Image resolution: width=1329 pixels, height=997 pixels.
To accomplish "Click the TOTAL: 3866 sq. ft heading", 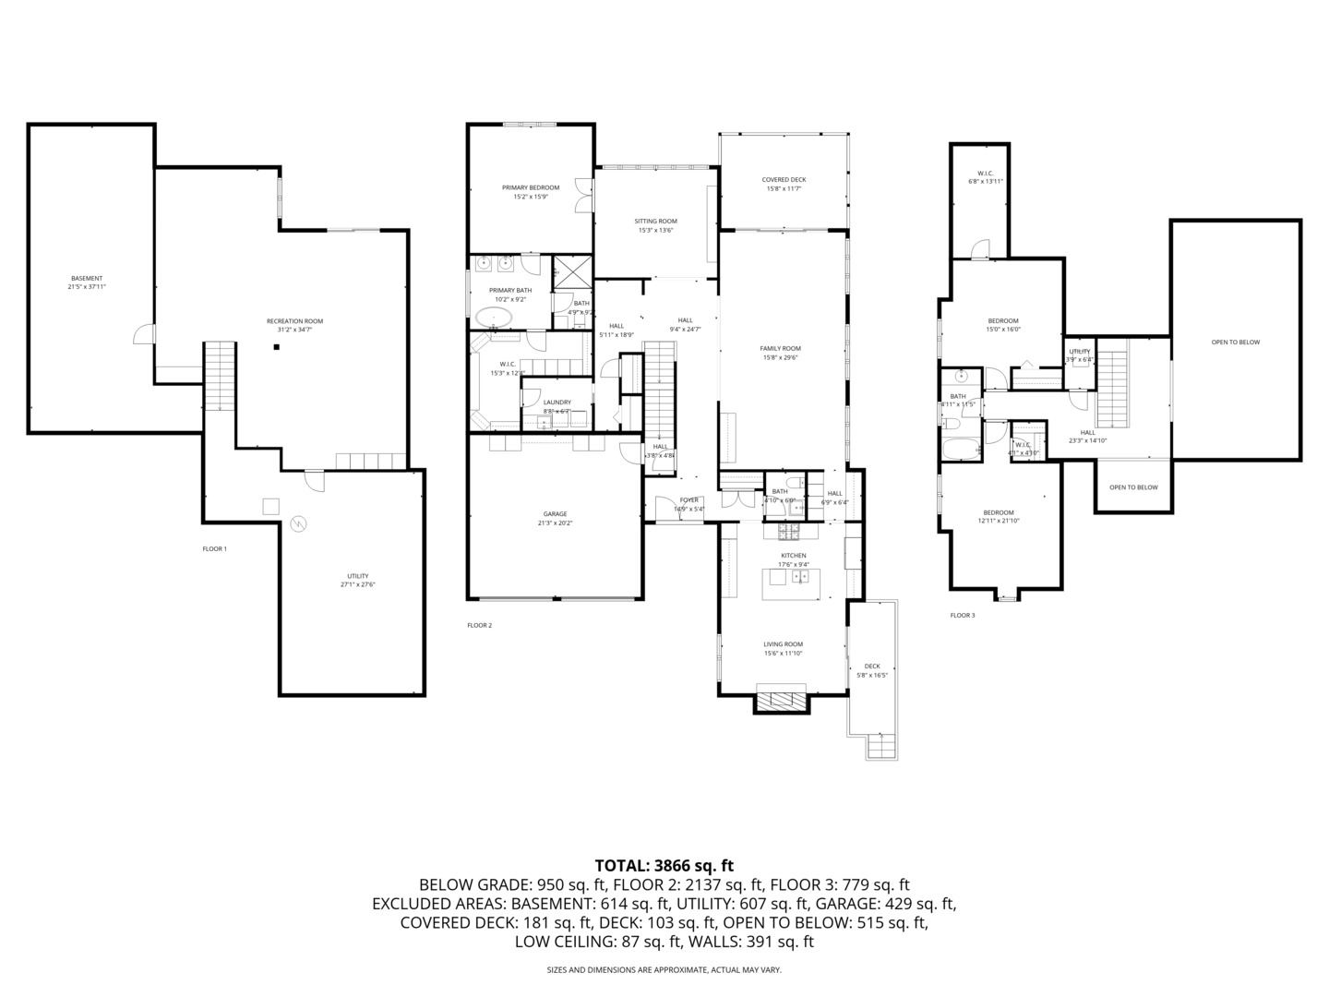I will click(x=664, y=866).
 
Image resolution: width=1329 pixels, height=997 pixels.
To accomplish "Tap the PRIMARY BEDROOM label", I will click(x=531, y=187).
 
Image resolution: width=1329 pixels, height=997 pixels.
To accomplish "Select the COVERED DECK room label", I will click(x=784, y=180).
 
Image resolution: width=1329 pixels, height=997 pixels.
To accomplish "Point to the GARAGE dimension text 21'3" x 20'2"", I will click(x=555, y=523).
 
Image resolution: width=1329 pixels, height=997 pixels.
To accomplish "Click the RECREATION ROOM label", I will click(x=294, y=321).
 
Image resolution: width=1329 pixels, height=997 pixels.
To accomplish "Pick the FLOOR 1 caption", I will click(x=214, y=549).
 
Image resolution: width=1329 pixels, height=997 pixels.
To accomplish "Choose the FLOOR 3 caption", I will click(x=962, y=615).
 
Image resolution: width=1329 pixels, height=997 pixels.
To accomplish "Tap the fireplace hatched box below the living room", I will click(x=782, y=701).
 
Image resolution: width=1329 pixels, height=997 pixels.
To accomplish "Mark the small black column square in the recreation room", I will click(x=275, y=347).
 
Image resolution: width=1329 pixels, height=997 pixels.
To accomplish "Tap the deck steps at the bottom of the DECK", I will click(x=881, y=745).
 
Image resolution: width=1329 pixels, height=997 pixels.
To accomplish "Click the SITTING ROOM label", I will click(x=655, y=222).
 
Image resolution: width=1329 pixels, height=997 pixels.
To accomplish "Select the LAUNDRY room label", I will click(x=557, y=402).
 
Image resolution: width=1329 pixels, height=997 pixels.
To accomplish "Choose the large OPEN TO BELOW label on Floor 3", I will click(x=1235, y=342).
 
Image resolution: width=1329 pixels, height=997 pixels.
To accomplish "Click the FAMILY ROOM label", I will click(x=780, y=349).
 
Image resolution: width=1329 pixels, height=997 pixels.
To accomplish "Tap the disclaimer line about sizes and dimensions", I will click(x=664, y=970).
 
